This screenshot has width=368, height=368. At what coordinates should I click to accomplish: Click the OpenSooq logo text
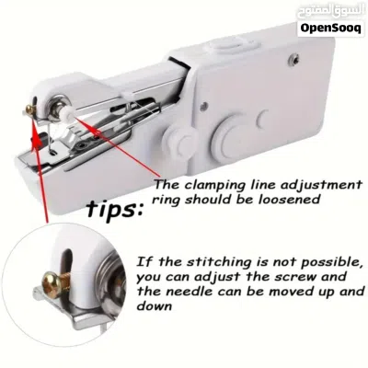tap(331, 29)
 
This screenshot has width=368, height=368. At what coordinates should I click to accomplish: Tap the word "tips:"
tap(114, 209)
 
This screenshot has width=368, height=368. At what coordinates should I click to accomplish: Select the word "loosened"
tap(288, 200)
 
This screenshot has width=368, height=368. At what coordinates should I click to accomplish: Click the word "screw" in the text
tap(295, 277)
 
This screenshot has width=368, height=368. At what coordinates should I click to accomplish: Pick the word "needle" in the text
tap(190, 291)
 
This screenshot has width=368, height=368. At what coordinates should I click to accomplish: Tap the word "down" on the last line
tap(154, 305)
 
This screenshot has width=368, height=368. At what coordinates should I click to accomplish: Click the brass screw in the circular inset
tap(56, 283)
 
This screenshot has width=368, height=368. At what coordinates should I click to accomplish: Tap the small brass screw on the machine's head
tap(29, 109)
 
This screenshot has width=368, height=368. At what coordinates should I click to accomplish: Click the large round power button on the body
tap(232, 136)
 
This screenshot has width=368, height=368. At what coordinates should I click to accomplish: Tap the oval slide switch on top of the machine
tap(228, 45)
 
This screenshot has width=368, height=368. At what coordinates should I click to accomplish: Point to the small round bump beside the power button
tap(263, 119)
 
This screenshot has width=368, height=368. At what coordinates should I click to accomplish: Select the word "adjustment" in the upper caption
tap(322, 186)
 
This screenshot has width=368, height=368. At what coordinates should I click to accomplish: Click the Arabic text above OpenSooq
tap(330, 12)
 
